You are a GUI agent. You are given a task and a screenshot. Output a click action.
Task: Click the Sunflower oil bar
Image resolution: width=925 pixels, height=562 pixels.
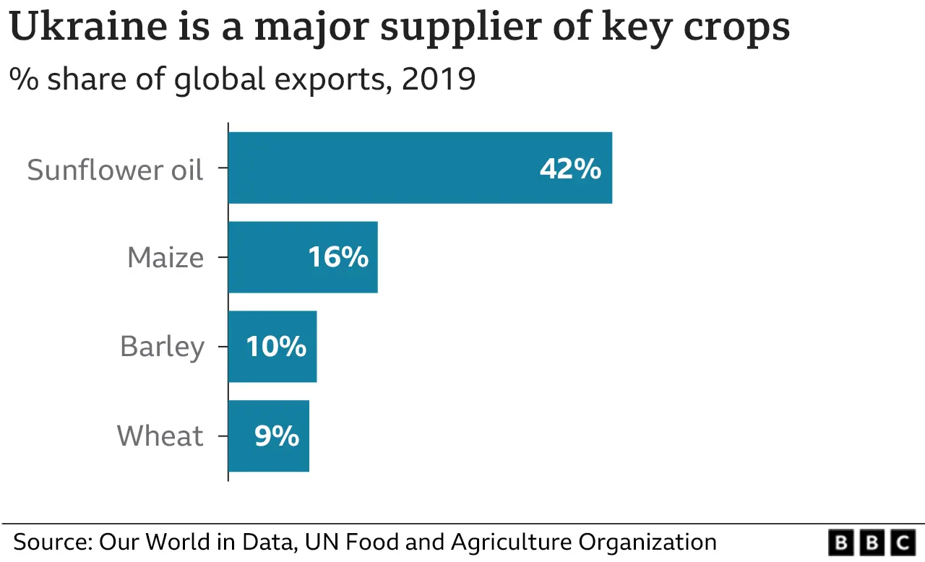point(419,168)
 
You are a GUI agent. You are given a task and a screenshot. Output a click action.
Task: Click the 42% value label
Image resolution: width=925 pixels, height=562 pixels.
point(569,169)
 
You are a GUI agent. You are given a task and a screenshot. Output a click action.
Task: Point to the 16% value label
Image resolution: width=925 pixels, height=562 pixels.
point(338,258)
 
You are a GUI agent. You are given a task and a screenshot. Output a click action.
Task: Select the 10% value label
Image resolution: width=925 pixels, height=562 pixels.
point(276,347)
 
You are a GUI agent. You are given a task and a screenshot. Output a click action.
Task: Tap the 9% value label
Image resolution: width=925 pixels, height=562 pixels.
point(276,436)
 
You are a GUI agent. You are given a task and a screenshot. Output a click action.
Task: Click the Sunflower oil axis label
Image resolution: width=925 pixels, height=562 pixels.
point(116,170)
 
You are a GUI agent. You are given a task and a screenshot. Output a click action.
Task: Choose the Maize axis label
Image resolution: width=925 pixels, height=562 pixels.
point(165,258)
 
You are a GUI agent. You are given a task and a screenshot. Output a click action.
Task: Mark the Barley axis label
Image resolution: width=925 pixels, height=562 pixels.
point(162,347)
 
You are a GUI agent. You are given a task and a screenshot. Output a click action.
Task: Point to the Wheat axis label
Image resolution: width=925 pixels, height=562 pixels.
point(160,436)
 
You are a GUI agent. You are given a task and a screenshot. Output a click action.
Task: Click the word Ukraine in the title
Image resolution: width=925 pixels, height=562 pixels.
point(85,27)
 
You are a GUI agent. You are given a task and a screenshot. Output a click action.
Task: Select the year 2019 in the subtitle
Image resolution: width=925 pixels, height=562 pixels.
point(439,79)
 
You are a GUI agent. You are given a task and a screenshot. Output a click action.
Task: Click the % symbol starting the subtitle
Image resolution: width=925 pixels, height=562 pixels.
point(23,79)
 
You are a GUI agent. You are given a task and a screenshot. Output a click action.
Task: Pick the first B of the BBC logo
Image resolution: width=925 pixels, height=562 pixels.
point(840,542)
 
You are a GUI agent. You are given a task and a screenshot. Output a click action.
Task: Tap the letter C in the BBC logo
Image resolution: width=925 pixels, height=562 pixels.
point(903,542)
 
